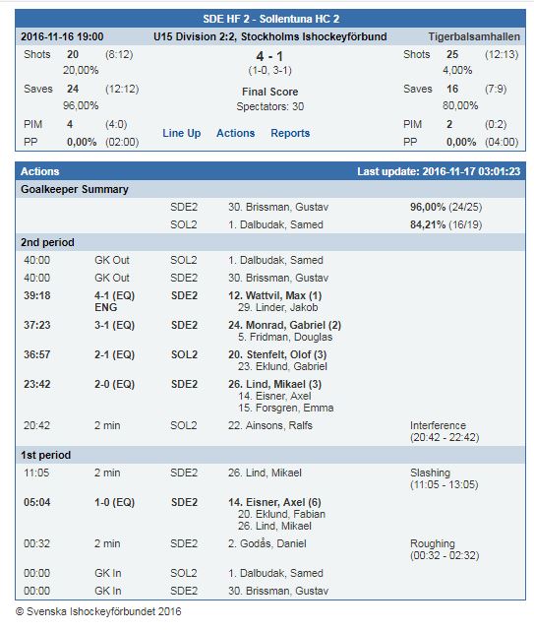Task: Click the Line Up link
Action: click(x=181, y=133)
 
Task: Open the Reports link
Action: click(x=290, y=133)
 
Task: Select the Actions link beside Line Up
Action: click(x=236, y=133)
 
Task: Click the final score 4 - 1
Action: click(x=269, y=56)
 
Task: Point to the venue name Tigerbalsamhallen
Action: click(x=474, y=36)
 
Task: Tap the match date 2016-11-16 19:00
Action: click(x=62, y=36)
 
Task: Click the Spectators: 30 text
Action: click(x=269, y=106)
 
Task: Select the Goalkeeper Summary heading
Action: click(x=75, y=189)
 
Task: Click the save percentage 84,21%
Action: click(x=428, y=224)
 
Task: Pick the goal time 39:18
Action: click(x=37, y=295)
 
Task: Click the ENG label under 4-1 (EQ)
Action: click(x=106, y=307)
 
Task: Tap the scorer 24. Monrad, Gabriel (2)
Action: click(x=284, y=325)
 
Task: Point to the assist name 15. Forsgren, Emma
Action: click(x=285, y=408)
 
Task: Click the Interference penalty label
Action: click(x=438, y=425)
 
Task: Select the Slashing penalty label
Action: click(x=431, y=473)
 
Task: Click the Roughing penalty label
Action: click(x=433, y=543)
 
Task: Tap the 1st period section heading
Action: click(x=46, y=455)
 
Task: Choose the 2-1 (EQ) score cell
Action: click(x=115, y=355)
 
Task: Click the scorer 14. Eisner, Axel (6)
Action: click(x=274, y=502)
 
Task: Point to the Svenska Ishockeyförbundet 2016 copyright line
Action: click(x=98, y=611)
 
